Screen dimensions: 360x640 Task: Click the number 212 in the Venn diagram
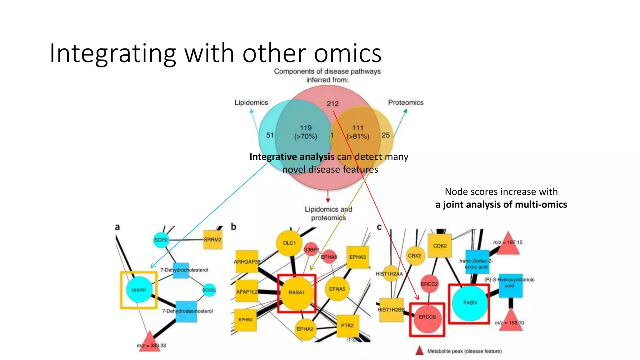[332, 104]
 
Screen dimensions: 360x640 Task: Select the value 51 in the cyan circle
[270, 135]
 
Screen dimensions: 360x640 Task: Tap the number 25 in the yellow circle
[386, 135]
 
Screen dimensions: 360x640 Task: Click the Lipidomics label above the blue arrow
[251, 102]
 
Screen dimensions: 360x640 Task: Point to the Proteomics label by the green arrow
[406, 102]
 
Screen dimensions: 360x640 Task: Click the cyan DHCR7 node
[139, 290]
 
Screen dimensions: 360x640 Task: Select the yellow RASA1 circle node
[297, 293]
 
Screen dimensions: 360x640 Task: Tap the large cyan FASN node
[470, 303]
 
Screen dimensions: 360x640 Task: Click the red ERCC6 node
[427, 317]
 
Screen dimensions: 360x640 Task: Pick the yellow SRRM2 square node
[212, 240]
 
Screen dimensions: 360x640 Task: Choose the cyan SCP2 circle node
[161, 240]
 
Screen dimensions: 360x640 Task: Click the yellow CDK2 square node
[440, 246]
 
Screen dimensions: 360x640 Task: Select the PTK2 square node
[347, 326]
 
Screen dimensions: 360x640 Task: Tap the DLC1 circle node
[289, 243]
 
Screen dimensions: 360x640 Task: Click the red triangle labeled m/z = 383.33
[149, 342]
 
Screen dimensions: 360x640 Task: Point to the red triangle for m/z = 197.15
[508, 244]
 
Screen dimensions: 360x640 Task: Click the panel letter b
[233, 227]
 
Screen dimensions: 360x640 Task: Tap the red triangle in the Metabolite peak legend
[419, 351]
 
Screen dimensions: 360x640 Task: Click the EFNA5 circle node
[337, 289]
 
